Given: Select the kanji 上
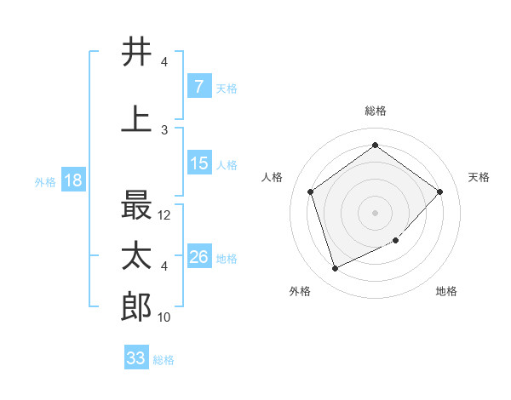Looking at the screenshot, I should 136,118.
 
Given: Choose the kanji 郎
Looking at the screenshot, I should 136,307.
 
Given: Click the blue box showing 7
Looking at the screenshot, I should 198,87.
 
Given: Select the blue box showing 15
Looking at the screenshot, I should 198,163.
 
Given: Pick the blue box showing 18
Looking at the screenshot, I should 72,180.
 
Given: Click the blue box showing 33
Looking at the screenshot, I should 135,358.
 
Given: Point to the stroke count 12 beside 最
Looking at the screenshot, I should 164,215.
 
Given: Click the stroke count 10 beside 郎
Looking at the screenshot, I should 164,317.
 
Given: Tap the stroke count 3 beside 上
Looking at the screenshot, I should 164,129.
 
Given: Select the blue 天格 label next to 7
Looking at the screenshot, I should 227,88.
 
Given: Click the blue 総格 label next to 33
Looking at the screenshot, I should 164,359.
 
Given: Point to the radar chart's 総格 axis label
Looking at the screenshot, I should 375,111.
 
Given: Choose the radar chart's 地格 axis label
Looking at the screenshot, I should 446,291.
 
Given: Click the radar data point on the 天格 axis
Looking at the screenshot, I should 439,191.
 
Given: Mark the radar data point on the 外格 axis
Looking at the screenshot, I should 335,268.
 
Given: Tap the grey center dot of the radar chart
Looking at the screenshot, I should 375,212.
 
